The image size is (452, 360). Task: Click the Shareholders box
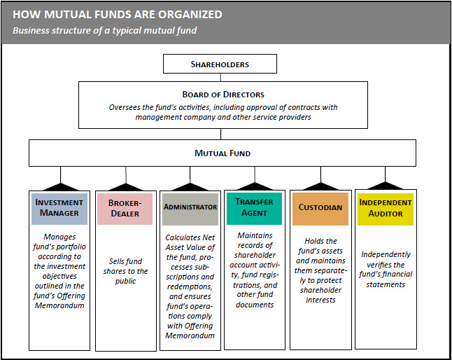pos(220,64)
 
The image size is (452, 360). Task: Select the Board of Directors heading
pos(223,95)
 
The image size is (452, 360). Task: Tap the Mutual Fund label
pos(223,153)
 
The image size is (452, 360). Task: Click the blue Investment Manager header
pos(59,209)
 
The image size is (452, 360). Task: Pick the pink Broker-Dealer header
pos(125,209)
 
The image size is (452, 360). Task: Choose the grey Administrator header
pos(190,209)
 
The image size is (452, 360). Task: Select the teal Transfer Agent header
pos(254,209)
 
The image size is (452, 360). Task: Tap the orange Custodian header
pos(320,209)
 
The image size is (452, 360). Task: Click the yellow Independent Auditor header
pos(386,209)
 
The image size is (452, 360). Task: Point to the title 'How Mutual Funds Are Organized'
pos(118,15)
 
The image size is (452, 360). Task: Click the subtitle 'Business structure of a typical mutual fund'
pos(105,30)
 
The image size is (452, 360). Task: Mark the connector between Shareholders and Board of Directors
pos(220,77)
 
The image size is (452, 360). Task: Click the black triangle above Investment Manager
pos(61,187)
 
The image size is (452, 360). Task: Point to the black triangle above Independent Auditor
pos(385,186)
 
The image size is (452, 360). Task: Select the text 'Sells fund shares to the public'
pos(125,271)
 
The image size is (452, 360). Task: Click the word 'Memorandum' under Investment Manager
pos(59,305)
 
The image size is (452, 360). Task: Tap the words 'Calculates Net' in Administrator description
pos(190,237)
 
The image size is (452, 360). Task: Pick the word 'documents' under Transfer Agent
pos(255,305)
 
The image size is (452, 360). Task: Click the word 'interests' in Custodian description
pos(321,300)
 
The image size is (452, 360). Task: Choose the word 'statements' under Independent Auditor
pos(386,285)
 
